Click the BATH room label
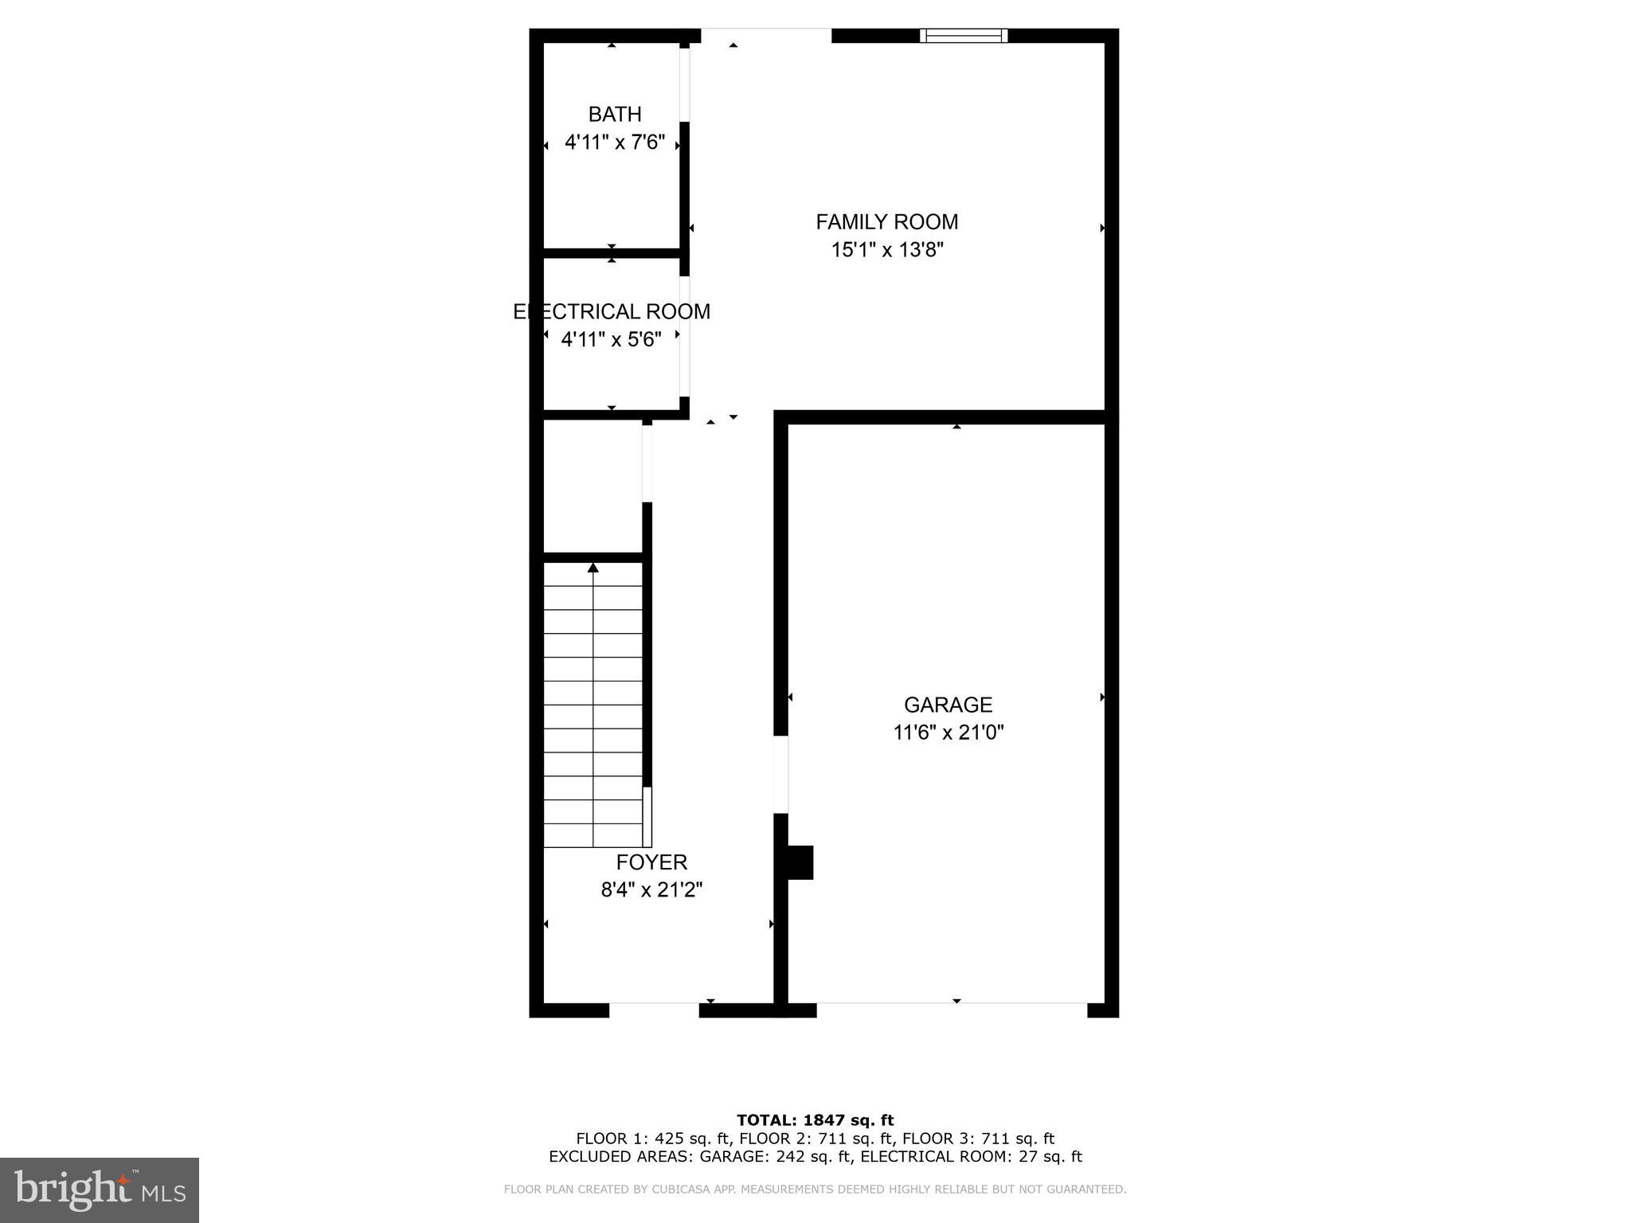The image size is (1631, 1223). pos(615,115)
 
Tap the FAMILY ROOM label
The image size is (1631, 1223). pos(886,221)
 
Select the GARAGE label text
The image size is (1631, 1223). pos(948,705)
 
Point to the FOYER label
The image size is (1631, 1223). pos(651,862)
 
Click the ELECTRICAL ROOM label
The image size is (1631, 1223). pos(612,311)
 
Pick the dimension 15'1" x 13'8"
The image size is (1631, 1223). pos(887,250)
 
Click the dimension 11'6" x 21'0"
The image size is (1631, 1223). pos(948,733)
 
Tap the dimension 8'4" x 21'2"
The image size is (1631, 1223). pos(651,889)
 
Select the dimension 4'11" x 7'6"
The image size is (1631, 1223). pos(615,143)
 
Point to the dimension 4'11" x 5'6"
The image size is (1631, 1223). pos(612,340)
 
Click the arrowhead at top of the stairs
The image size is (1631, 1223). pos(593,568)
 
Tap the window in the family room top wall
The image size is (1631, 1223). pos(964,35)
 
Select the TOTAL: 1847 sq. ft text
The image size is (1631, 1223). pos(815,1120)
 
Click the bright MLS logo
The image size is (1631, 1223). pos(100,1190)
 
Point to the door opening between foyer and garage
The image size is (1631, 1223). pos(781,775)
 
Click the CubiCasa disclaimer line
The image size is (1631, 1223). pos(815,1190)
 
